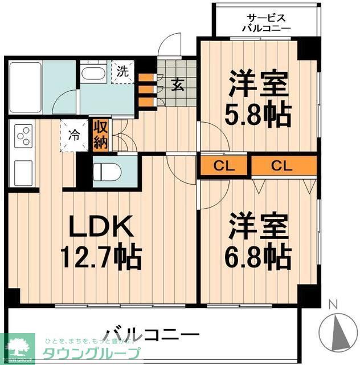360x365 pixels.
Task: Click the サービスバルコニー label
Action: pyautogui.click(x=266, y=22)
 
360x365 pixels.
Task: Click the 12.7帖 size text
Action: pyautogui.click(x=102, y=258)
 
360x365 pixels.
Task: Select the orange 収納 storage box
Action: pyautogui.click(x=100, y=135)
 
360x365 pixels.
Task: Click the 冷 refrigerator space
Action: pyautogui.click(x=74, y=136)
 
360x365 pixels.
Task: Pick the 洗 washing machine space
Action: pyautogui.click(x=122, y=72)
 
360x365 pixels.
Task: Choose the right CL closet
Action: pyautogui.click(x=283, y=166)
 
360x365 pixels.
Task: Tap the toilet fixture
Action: pyautogui.click(x=107, y=171)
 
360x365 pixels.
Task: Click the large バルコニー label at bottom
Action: pyautogui.click(x=150, y=333)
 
